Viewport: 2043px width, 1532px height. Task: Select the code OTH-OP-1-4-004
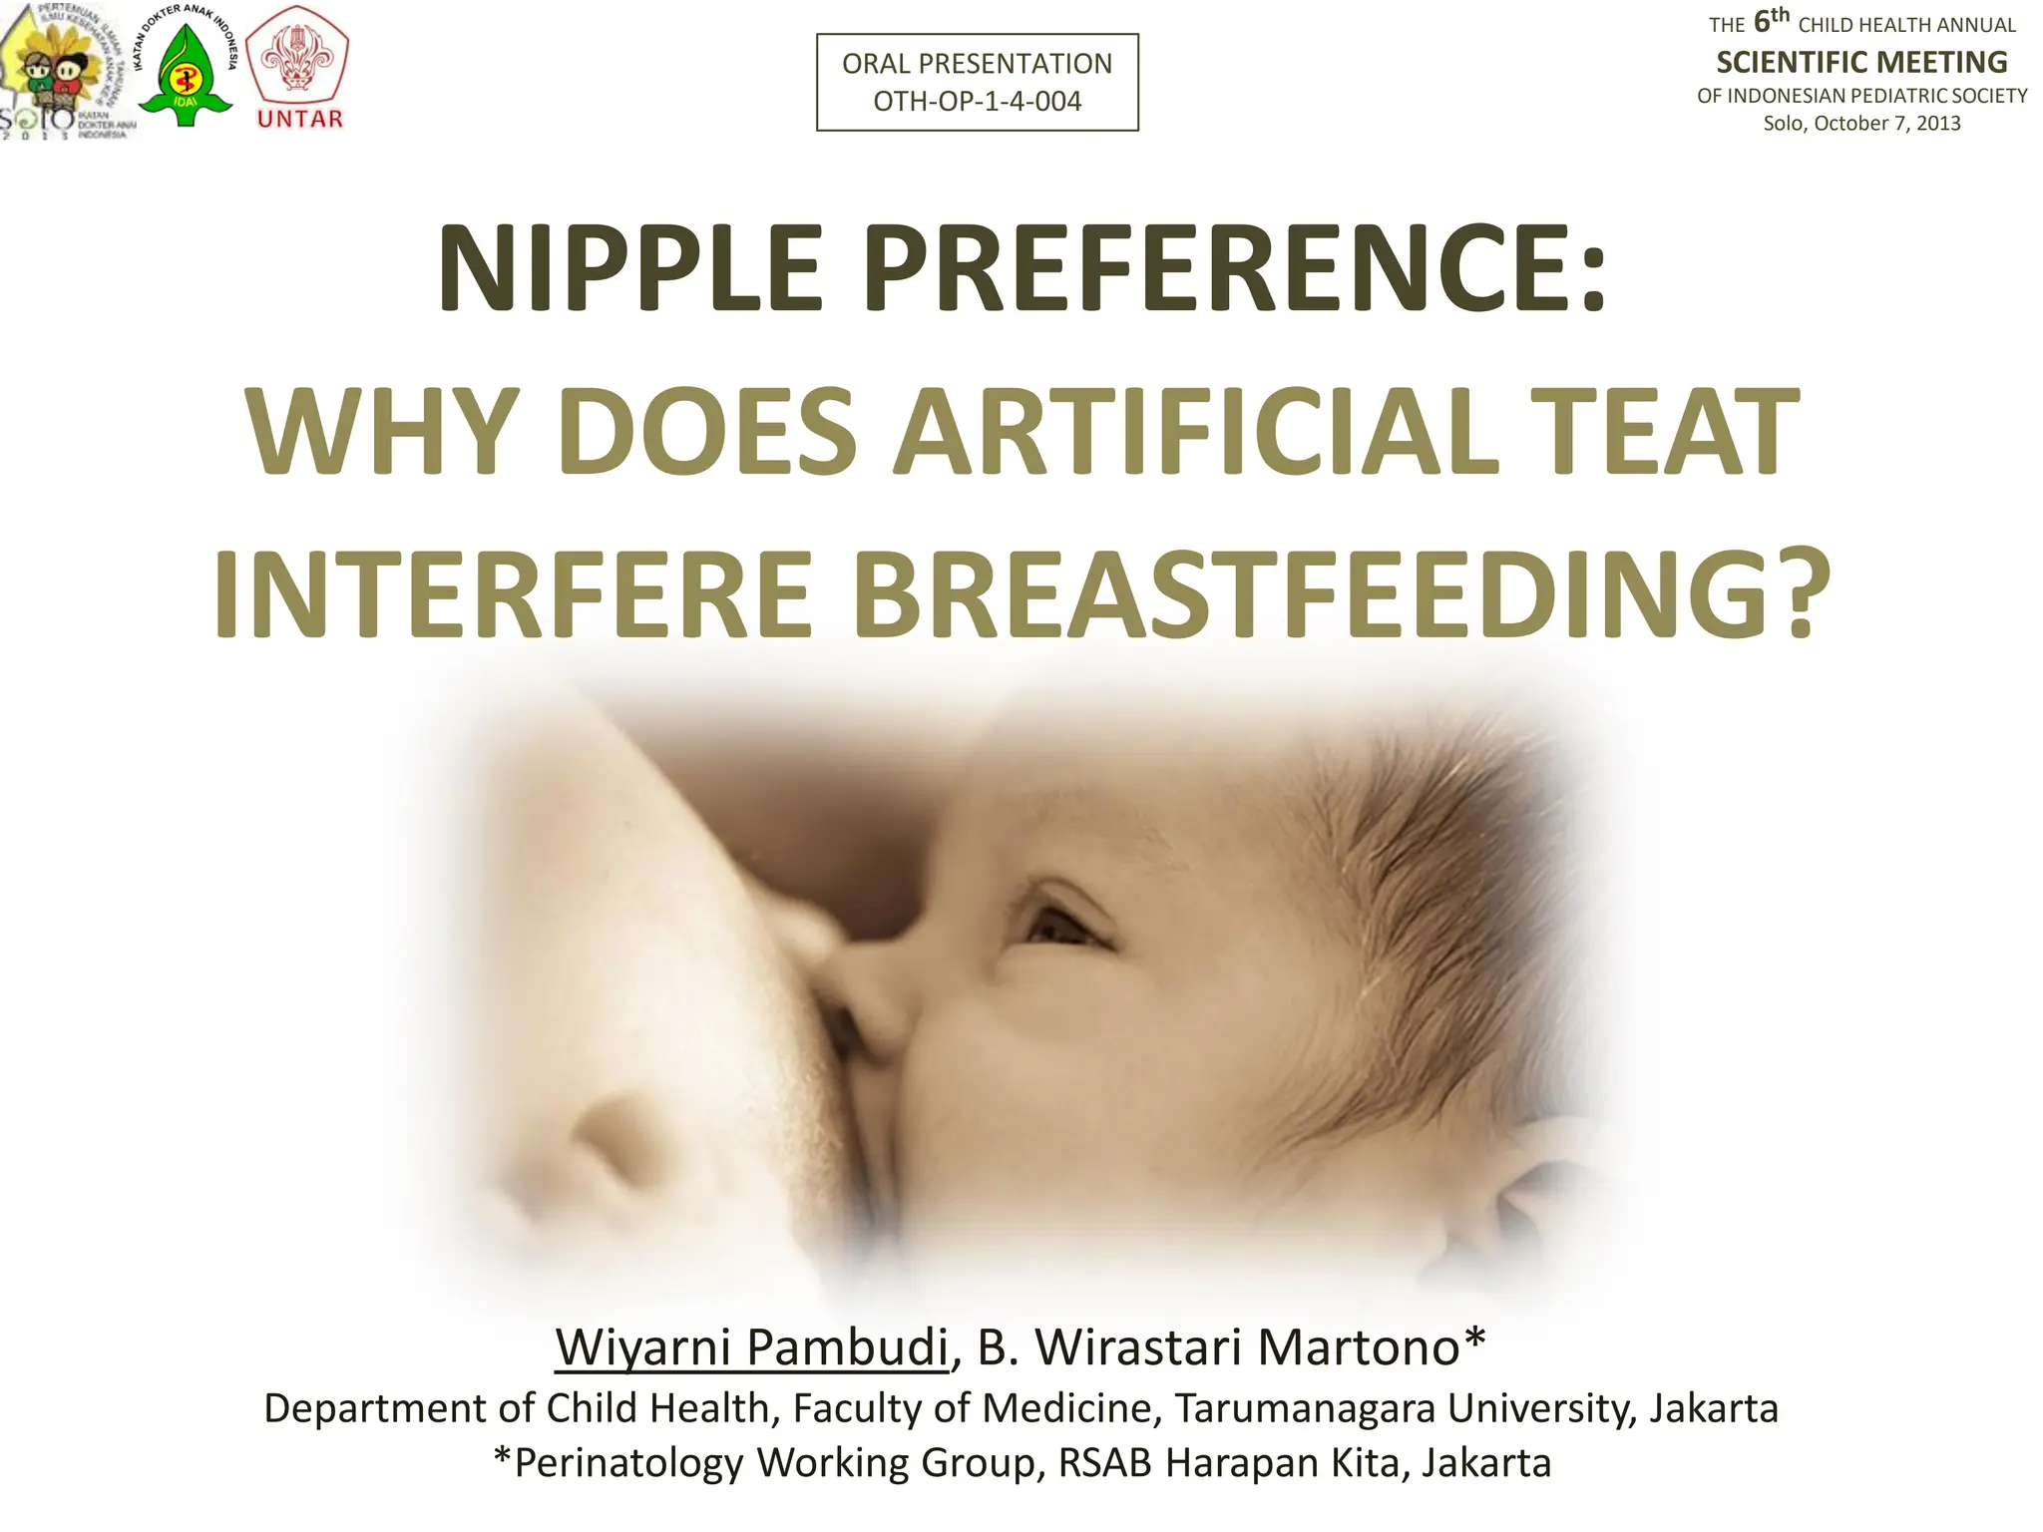pyautogui.click(x=977, y=102)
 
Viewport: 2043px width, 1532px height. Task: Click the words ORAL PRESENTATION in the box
pyautogui.click(x=977, y=64)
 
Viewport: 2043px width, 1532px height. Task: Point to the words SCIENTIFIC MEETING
pyautogui.click(x=1861, y=62)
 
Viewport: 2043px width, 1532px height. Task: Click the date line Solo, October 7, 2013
pyautogui.click(x=1861, y=124)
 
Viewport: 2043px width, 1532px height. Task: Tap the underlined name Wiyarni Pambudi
pyautogui.click(x=751, y=1347)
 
